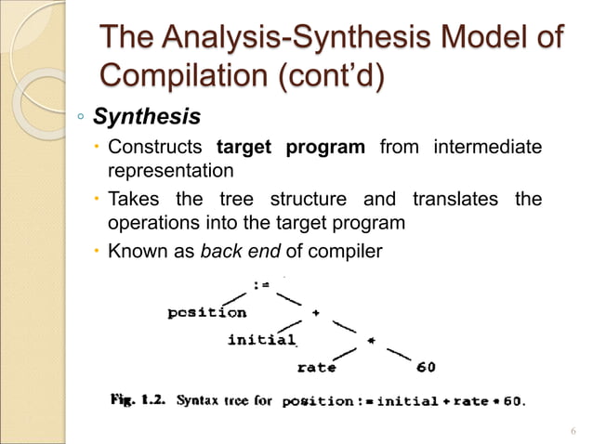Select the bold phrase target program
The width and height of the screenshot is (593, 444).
click(290, 149)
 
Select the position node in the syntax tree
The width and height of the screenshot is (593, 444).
click(206, 312)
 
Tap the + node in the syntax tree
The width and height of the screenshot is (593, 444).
click(316, 313)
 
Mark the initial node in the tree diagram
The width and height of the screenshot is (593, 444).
click(262, 339)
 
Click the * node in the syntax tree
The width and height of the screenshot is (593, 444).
click(370, 340)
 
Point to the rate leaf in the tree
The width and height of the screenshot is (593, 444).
click(317, 367)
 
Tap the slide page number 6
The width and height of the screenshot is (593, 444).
click(572, 430)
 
